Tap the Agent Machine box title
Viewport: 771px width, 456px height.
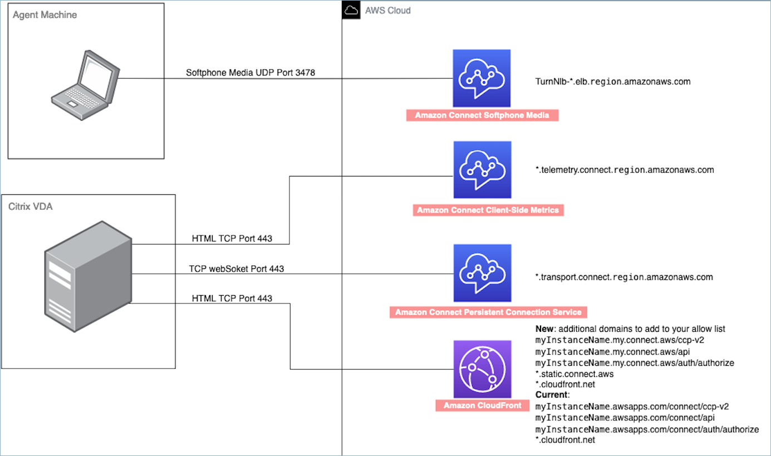pyautogui.click(x=45, y=14)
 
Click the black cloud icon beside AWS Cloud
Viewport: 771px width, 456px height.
pyautogui.click(x=351, y=10)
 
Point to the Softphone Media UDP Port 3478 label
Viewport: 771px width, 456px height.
pyautogui.click(x=251, y=73)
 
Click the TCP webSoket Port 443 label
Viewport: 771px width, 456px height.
pyautogui.click(x=237, y=269)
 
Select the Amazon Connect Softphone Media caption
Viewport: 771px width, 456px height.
pyautogui.click(x=482, y=116)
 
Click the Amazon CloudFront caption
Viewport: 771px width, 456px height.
pyautogui.click(x=482, y=406)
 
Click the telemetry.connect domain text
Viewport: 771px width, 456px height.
pyautogui.click(x=623, y=169)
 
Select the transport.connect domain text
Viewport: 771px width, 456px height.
pyautogui.click(x=623, y=277)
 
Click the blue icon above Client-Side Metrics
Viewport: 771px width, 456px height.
pyautogui.click(x=482, y=170)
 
